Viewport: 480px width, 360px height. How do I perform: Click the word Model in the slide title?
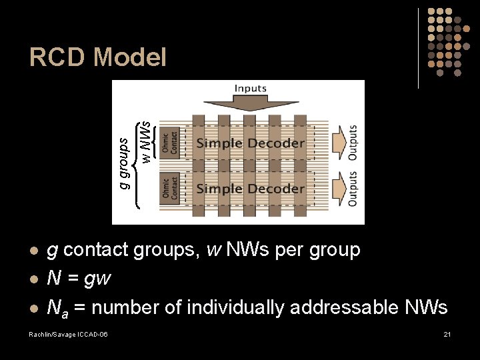click(x=130, y=57)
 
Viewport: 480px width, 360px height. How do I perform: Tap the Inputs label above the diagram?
click(x=251, y=88)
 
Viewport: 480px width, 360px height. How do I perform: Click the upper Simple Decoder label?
click(x=250, y=143)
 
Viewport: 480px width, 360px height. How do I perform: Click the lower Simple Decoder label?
click(x=250, y=189)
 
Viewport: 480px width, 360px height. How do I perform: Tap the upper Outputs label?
click(x=353, y=142)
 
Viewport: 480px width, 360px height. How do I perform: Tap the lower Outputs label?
click(x=353, y=189)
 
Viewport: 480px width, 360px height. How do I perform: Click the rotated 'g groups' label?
click(x=123, y=161)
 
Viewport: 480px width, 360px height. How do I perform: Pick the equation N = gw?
click(x=79, y=278)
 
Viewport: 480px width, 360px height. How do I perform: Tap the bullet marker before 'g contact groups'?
click(x=33, y=251)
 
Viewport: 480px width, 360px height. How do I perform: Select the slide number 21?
click(x=447, y=333)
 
